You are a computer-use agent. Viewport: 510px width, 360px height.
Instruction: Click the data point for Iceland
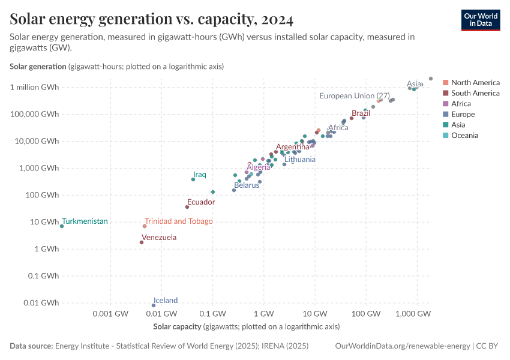pos(154,305)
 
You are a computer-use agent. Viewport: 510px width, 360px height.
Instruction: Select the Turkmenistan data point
pos(62,226)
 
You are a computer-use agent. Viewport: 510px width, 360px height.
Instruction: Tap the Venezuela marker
pos(142,242)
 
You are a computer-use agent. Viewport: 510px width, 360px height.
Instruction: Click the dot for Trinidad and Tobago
pos(145,226)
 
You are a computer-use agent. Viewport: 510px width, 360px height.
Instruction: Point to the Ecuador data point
pos(187,207)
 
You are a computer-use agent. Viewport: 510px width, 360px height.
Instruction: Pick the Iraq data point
pos(193,179)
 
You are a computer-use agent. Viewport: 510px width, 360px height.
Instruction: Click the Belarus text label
pos(247,185)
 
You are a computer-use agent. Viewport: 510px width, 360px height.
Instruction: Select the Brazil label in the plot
pos(361,113)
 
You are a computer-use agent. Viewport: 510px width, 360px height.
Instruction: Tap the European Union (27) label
pos(355,96)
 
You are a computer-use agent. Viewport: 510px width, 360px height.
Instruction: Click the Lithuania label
pos(299,160)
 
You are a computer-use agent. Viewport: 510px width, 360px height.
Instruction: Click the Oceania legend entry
pos(465,136)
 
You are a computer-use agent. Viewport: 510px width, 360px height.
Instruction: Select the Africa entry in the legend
pos(461,104)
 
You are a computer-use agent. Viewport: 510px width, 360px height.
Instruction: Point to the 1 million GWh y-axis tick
pos(34,88)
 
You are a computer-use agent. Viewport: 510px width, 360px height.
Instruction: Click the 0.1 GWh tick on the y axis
pos(42,276)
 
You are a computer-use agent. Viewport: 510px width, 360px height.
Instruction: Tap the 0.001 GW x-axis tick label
pos(110,314)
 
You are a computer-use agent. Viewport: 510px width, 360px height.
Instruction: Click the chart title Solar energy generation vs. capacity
pos(151,20)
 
